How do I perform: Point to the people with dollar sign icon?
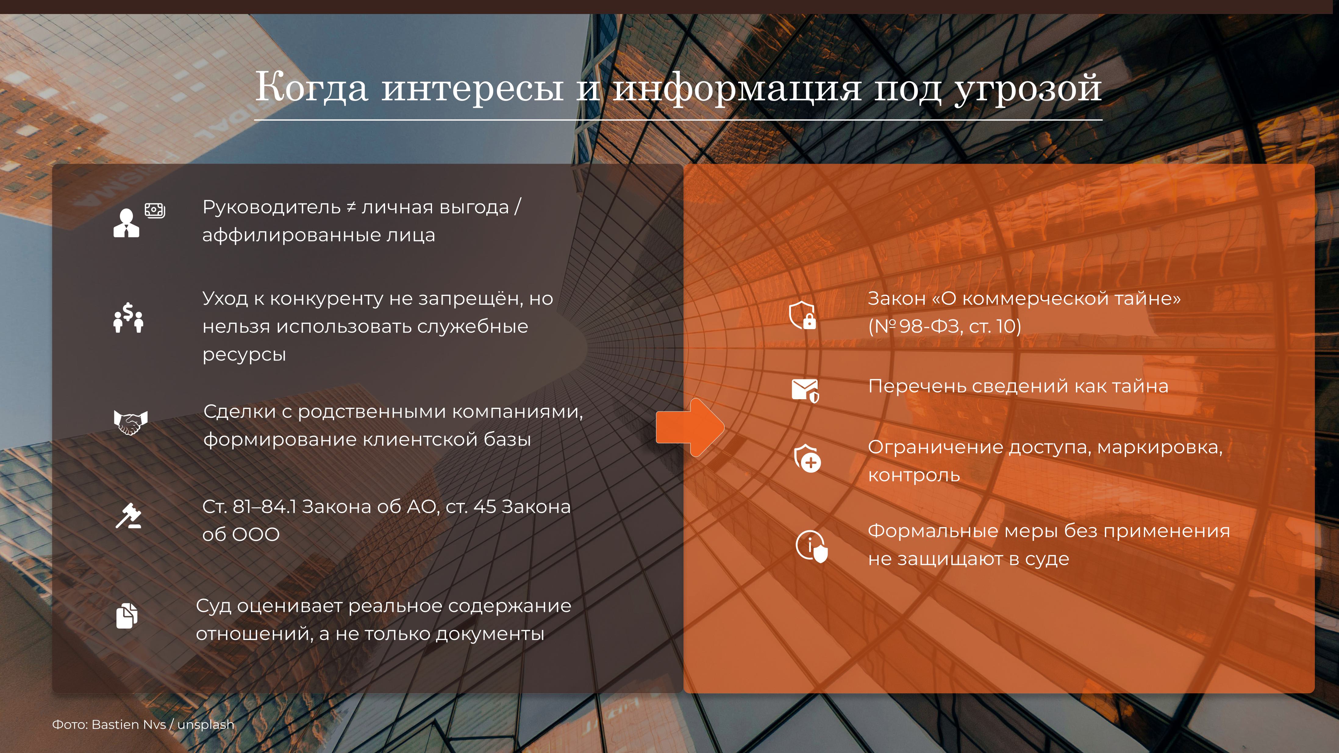[128, 318]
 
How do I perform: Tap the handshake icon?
[130, 422]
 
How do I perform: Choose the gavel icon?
[128, 516]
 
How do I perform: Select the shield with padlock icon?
[802, 315]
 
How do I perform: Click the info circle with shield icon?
[811, 546]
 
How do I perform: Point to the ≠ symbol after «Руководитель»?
[352, 207]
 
